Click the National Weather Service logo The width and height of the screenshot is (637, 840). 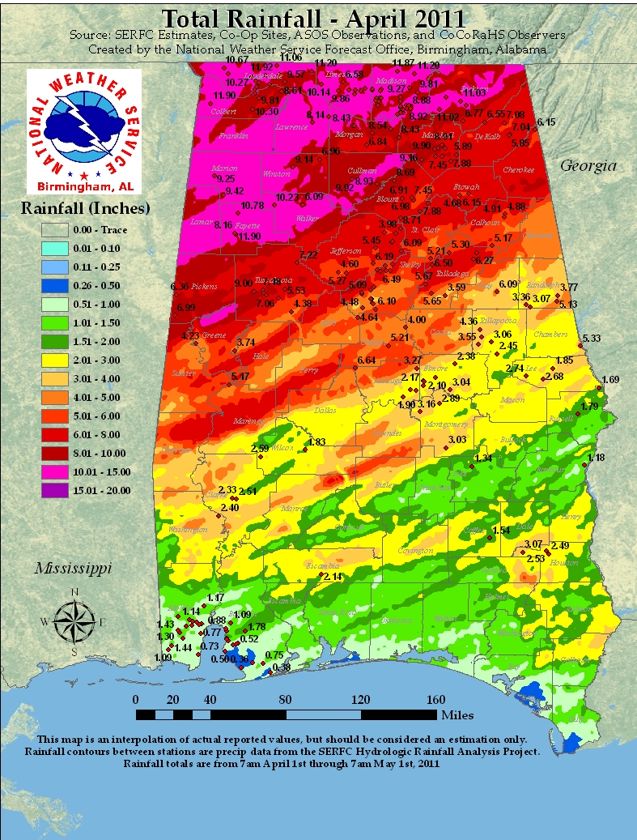point(84,128)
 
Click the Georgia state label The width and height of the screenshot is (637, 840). point(590,166)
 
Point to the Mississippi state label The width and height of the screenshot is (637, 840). point(72,569)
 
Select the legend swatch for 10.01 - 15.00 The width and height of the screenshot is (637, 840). point(57,471)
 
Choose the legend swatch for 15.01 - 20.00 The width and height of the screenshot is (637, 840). point(57,490)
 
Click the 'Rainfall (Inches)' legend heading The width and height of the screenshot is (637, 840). point(85,208)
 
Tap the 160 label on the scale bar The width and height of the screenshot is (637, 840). point(435,701)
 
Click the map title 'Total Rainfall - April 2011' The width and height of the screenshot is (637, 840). point(314,19)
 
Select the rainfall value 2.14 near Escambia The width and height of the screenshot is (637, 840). point(333,576)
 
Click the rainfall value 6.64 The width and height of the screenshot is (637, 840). point(367,360)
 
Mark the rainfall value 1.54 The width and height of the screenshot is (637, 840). point(501,531)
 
